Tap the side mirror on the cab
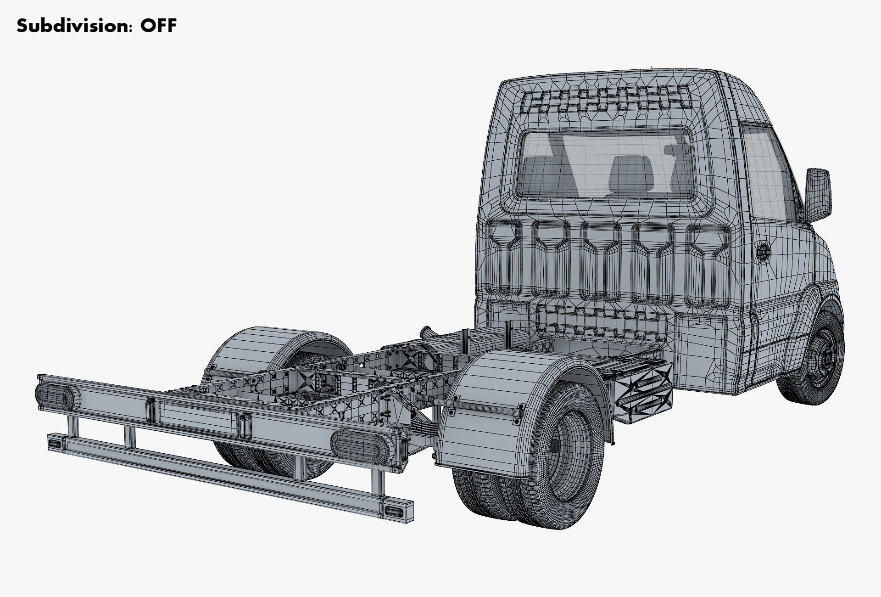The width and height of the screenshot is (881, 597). [x=818, y=192]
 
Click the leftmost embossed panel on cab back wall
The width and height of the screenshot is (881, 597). [x=503, y=259]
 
